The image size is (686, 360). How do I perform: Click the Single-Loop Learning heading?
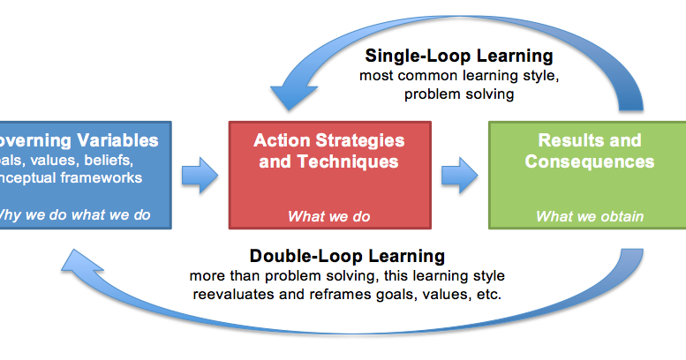pyautogui.click(x=459, y=56)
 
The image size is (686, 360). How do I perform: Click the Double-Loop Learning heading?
pyautogui.click(x=347, y=256)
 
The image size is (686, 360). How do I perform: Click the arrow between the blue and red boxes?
pyautogui.click(x=200, y=172)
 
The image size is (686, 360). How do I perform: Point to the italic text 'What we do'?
pyautogui.click(x=329, y=216)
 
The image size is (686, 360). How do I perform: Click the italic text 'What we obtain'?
pyautogui.click(x=590, y=216)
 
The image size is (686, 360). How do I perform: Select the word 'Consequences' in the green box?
pyautogui.click(x=589, y=161)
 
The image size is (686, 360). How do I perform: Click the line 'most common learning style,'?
pyautogui.click(x=459, y=76)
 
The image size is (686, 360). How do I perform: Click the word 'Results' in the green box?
pyautogui.click(x=565, y=140)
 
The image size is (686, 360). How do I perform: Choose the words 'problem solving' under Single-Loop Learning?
pyautogui.click(x=459, y=94)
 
